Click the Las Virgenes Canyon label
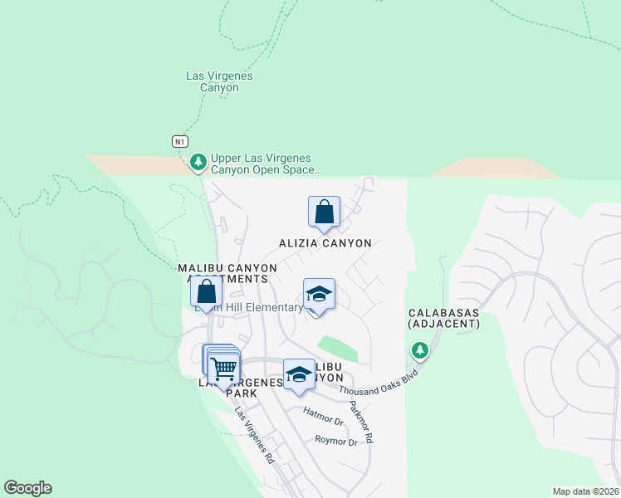pos(219,81)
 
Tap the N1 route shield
pos(179,141)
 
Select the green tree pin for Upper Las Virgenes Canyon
pos(198,162)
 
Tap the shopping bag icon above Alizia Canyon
pos(324,212)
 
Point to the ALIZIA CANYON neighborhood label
pos(325,243)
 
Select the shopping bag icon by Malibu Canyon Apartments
pos(206,291)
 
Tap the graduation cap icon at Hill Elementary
pos(319,295)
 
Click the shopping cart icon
pos(223,367)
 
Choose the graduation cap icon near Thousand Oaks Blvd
pos(299,374)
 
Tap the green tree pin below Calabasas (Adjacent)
pos(420,351)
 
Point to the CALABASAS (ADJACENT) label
pos(444,319)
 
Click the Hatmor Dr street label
pos(324,417)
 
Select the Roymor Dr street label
pos(336,442)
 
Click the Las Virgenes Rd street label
pos(253,435)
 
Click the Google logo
pos(27,488)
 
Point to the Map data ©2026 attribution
pos(585,491)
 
